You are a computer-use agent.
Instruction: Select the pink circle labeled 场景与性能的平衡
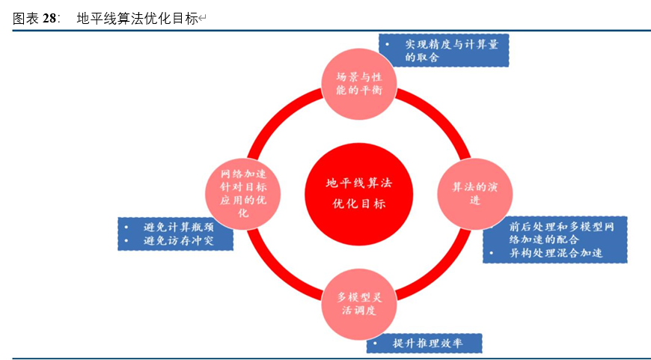358,84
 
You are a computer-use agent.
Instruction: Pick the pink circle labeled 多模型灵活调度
358,302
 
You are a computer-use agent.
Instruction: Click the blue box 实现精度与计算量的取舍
444,51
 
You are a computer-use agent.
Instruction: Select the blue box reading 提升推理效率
424,344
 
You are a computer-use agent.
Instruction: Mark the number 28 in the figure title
49,19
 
